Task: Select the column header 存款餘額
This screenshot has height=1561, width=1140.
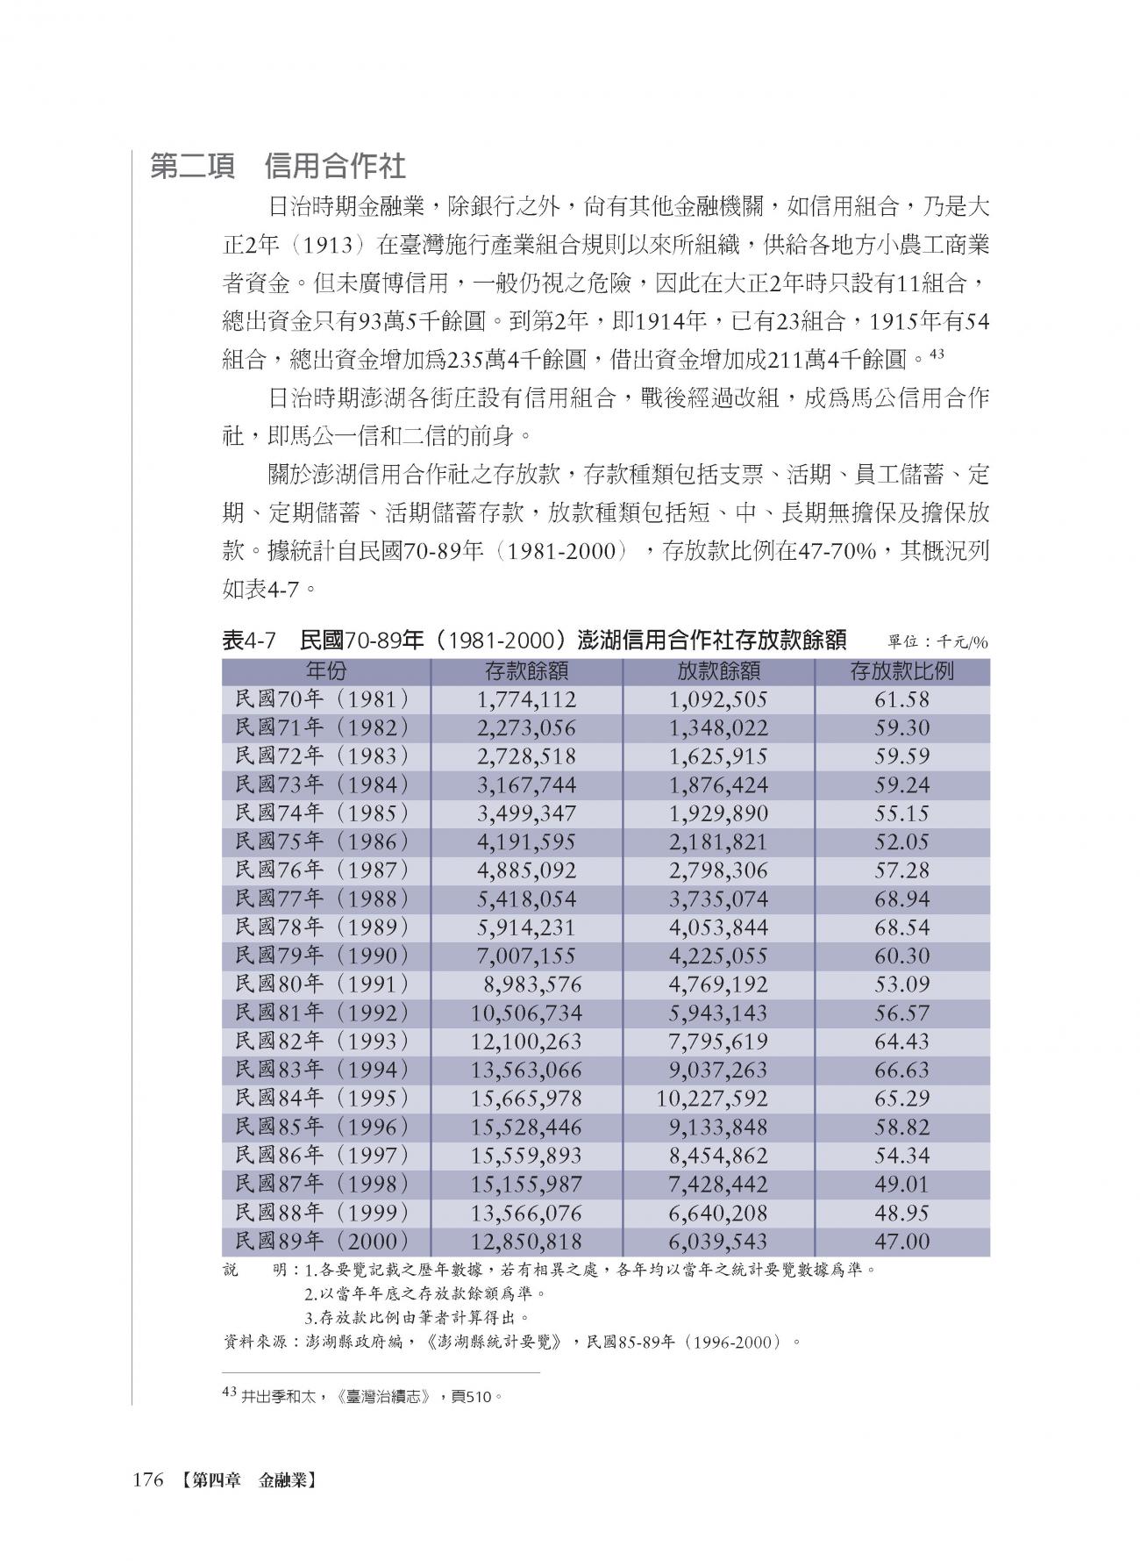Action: coord(526,671)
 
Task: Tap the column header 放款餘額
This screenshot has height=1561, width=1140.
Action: coord(718,671)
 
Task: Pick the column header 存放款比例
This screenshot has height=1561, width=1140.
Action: coord(901,671)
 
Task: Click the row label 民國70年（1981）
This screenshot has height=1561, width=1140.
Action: coord(323,699)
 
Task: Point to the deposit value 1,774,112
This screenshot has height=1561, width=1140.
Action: coord(526,699)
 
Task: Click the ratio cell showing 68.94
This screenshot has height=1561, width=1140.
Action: coord(901,899)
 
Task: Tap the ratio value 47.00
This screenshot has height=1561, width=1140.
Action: coord(901,1242)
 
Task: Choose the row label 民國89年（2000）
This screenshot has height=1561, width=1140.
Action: coord(323,1242)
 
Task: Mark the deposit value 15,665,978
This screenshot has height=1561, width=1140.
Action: coord(526,1099)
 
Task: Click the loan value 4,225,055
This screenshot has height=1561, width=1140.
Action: coord(718,956)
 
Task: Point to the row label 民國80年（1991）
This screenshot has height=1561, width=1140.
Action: coord(323,985)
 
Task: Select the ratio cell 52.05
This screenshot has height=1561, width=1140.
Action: coord(901,841)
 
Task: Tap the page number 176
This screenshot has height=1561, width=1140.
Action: coord(148,1481)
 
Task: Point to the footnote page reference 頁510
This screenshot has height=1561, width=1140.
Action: coord(473,1394)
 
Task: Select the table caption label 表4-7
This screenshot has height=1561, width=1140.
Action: coord(250,641)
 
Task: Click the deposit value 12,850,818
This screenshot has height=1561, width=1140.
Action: coord(526,1242)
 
